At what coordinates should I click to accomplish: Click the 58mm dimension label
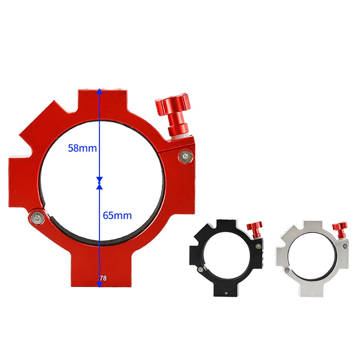pyautogui.click(x=83, y=148)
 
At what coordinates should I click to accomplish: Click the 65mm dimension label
pyautogui.click(x=117, y=216)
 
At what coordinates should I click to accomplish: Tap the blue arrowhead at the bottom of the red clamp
pyautogui.click(x=100, y=284)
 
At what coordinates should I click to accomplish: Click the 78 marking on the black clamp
pyautogui.click(x=226, y=293)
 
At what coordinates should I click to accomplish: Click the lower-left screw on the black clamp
pyautogui.click(x=200, y=269)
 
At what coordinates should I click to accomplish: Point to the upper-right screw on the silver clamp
pyautogui.click(x=345, y=246)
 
